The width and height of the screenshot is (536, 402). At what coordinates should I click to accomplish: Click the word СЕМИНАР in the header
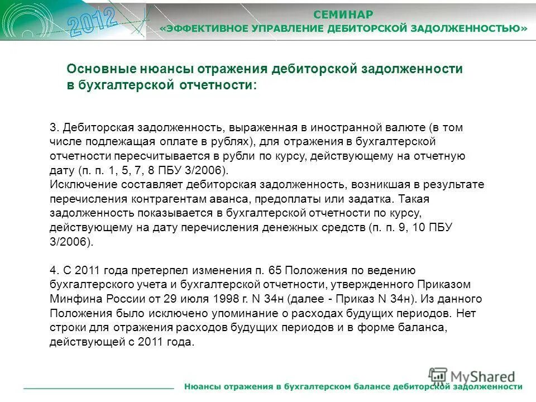click(343, 14)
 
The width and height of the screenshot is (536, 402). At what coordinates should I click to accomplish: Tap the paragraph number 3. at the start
click(54, 127)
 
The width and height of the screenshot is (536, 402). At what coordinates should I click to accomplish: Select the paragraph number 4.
click(54, 271)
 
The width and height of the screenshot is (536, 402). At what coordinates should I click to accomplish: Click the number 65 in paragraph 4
click(275, 271)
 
